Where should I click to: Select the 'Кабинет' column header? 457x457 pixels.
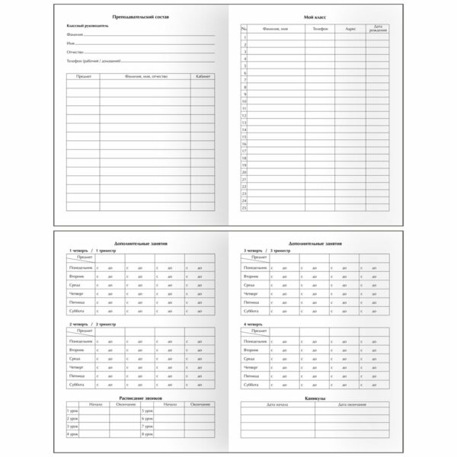tap(203, 77)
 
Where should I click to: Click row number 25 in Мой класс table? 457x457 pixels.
tap(244, 207)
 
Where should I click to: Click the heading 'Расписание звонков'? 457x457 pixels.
tap(139, 398)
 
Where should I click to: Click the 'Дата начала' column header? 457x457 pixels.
tap(277, 404)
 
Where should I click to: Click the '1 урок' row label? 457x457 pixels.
tap(72, 411)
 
